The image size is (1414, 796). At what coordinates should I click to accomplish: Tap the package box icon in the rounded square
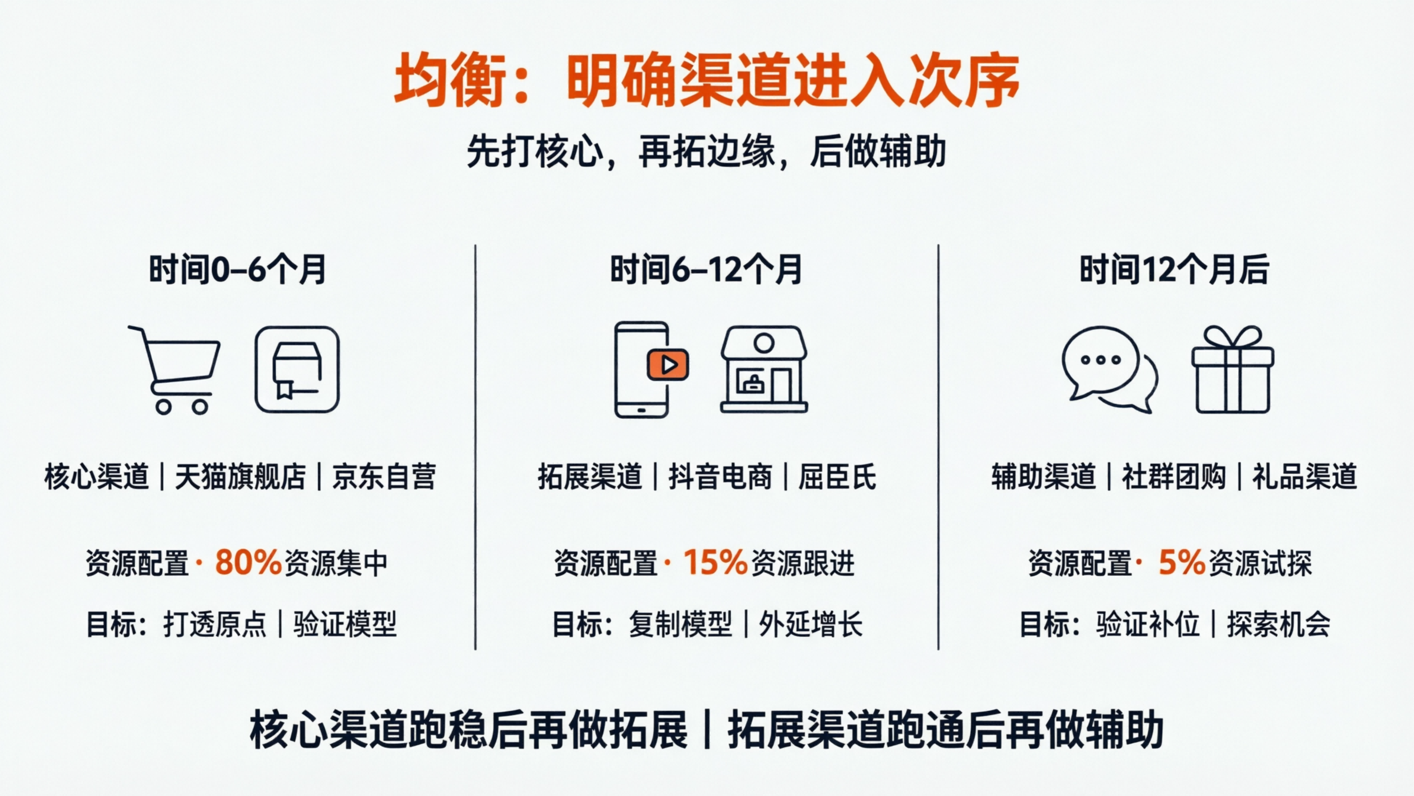[297, 369]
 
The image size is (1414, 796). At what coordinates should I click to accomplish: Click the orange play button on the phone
[667, 365]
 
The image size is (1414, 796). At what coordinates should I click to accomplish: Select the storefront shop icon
[764, 369]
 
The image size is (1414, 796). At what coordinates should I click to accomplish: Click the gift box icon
[1232, 369]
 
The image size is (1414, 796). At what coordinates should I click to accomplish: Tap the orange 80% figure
[248, 562]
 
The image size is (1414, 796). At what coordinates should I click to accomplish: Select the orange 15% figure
[715, 562]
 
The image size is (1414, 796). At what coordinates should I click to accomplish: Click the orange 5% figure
[1182, 562]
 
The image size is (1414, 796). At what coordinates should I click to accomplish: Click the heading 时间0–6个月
[237, 270]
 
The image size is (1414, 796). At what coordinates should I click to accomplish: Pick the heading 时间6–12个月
[707, 270]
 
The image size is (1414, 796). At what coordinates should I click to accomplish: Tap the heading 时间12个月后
[1174, 270]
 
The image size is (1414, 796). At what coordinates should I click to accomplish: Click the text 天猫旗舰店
[240, 477]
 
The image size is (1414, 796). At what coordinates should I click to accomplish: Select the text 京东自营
[384, 477]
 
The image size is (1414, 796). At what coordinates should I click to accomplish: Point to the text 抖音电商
[720, 477]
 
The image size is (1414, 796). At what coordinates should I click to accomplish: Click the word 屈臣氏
[837, 477]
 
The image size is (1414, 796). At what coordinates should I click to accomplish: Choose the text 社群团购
[1174, 477]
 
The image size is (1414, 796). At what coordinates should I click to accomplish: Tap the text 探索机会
[1278, 624]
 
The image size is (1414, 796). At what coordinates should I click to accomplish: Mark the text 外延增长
[811, 624]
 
